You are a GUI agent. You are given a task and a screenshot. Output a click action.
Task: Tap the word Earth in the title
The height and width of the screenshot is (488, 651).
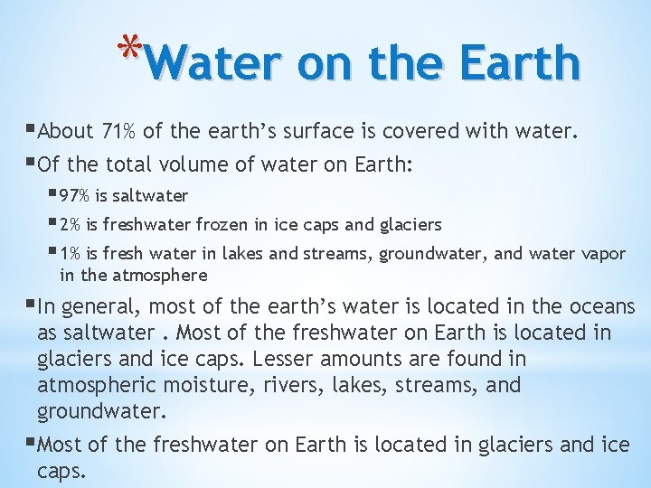tap(519, 62)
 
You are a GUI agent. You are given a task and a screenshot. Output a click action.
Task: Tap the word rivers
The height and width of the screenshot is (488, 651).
tap(278, 386)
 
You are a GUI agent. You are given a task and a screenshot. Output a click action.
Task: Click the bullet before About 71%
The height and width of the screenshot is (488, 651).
tap(33, 130)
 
